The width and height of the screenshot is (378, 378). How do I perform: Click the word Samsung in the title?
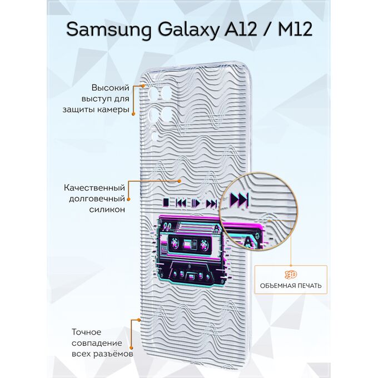point(109,30)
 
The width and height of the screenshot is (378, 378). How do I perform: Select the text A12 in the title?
point(241,29)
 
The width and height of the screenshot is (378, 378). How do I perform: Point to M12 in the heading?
point(295,29)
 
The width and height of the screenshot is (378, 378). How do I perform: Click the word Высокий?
point(111,88)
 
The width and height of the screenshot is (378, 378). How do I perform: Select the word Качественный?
point(94,187)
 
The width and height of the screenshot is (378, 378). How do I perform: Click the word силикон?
point(107,210)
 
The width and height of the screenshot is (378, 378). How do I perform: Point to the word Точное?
point(87,332)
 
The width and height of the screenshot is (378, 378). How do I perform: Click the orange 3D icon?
point(291,275)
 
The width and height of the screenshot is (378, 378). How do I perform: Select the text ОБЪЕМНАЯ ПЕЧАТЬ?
point(291,286)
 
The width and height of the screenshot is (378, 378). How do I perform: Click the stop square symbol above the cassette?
point(166,202)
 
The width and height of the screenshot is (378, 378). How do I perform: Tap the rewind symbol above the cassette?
point(181,203)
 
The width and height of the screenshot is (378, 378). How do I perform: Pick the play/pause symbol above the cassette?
point(196,203)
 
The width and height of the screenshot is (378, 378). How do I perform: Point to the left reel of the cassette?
point(175,242)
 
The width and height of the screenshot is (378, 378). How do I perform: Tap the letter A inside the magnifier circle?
point(248,242)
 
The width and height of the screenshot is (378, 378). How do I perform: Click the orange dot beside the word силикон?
point(128,200)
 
